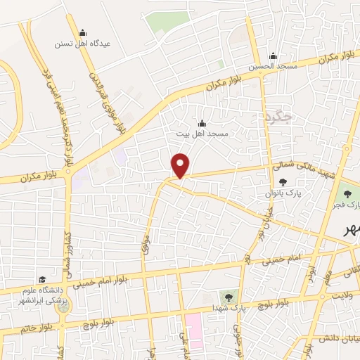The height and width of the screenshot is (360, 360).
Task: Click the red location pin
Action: coord(181,165)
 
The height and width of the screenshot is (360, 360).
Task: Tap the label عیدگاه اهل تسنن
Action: coord(82,43)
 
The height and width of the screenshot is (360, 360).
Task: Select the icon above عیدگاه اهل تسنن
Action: coord(82,32)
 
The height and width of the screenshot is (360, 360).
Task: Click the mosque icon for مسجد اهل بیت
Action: coord(202,122)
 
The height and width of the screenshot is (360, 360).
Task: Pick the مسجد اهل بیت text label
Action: coord(202,133)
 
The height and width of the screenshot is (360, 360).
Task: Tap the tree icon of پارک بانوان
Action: coord(283,182)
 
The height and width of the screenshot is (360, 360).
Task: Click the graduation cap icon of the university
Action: coord(42,279)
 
